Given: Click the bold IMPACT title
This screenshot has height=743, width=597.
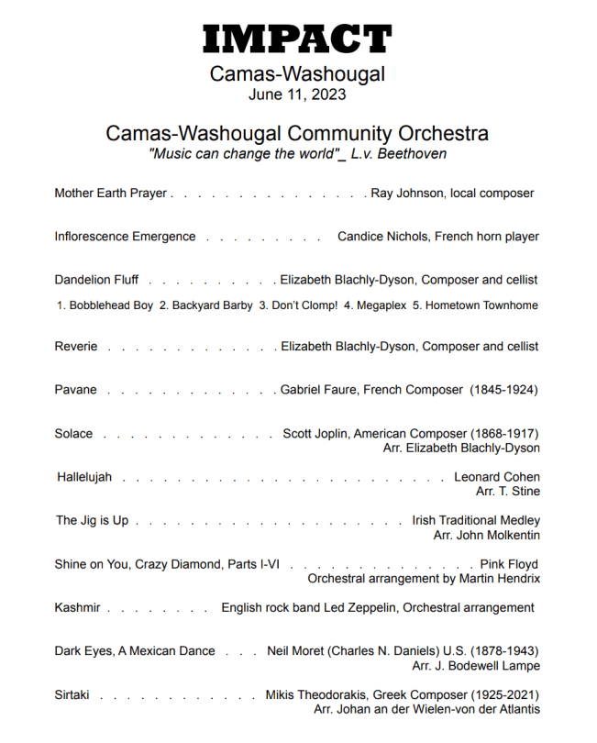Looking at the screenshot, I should (x=297, y=39).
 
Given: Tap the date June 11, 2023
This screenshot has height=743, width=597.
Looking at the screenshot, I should (x=297, y=94).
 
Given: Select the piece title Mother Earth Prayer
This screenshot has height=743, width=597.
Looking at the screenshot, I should (x=111, y=194).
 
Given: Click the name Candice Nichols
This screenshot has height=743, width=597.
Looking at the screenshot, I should (x=381, y=237).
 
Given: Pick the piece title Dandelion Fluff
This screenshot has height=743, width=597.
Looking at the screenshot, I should (x=96, y=280).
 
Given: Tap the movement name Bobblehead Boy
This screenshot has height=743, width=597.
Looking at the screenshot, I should (x=111, y=305).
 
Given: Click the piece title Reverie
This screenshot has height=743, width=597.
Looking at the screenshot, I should (x=76, y=347).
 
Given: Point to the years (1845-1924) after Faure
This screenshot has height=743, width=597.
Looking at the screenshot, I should (x=504, y=390).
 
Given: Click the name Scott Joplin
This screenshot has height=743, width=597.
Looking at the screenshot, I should (x=316, y=434).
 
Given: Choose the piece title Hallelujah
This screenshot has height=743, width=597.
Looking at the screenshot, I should (x=84, y=477).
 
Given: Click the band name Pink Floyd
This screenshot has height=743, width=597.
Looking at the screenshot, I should (x=509, y=564).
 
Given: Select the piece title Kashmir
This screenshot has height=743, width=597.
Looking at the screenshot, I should (x=77, y=607).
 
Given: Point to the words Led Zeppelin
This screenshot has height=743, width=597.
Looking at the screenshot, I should (x=360, y=607).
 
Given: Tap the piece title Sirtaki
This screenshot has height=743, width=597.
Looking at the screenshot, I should (x=72, y=694).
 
